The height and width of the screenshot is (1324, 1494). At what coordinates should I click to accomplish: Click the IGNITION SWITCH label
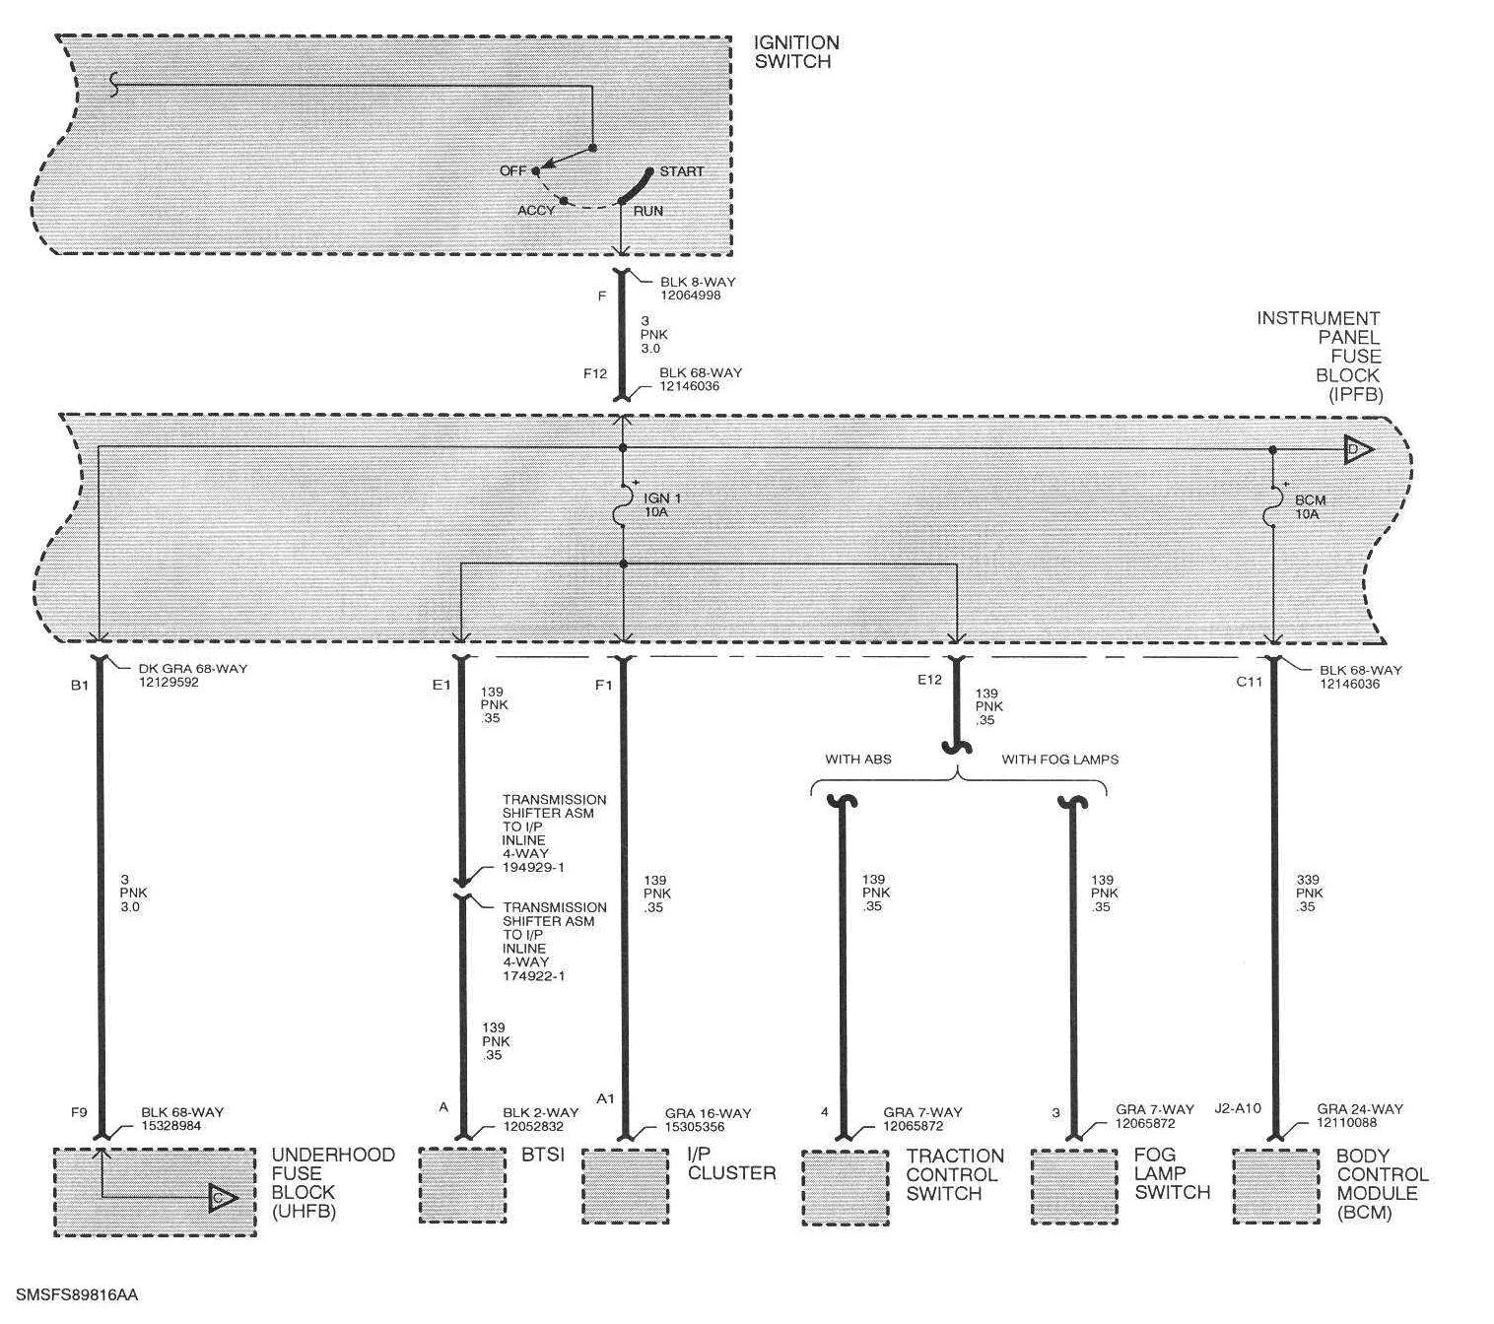[795, 52]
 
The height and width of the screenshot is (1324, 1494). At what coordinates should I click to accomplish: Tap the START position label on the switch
[682, 171]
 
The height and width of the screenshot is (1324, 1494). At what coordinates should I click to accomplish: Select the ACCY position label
[536, 211]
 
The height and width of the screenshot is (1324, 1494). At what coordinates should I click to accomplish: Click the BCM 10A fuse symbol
[1273, 505]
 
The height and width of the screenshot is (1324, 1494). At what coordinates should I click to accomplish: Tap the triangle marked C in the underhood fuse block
[223, 1198]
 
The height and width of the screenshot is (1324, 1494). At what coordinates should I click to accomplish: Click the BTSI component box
[462, 1185]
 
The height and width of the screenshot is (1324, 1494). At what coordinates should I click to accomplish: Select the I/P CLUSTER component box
[625, 1186]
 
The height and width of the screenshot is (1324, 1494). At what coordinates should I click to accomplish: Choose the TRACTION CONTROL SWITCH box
[845, 1188]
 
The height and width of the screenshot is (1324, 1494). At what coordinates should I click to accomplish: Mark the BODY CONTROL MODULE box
[1275, 1187]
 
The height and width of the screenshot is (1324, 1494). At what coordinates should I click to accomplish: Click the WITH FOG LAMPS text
[1059, 760]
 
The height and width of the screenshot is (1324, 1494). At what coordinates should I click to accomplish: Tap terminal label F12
[594, 373]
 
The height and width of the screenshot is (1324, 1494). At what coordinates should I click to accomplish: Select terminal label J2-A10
[1239, 1108]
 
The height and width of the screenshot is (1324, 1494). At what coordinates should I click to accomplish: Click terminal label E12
[930, 681]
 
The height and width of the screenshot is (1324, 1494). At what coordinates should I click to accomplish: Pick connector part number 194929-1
[533, 868]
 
